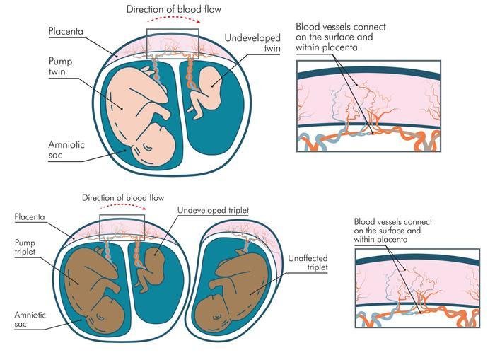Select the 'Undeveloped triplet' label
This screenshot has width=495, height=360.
[213, 211]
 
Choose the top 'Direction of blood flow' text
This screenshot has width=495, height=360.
[173, 9]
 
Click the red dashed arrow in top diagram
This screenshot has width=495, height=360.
[173, 22]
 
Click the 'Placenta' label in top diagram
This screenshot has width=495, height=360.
[66, 32]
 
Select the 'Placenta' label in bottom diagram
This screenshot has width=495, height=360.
[30, 217]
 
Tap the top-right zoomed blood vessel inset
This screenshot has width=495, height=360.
[368, 105]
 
